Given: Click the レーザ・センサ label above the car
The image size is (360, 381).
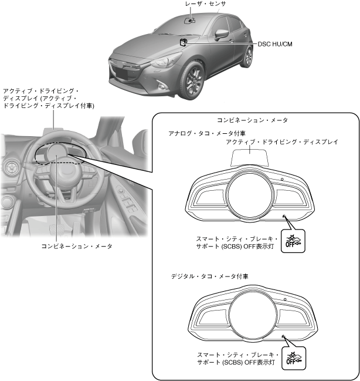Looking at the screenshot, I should point(205,4).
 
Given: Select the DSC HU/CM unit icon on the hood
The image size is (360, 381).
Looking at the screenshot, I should point(184,42).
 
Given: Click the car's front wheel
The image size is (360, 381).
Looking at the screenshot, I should point(193,82).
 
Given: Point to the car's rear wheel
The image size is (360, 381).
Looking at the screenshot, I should point(249,57).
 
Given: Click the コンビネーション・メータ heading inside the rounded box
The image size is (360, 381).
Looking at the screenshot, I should point(252,120).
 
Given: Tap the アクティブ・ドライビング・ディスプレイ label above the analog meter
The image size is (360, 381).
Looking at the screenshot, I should point(282,142).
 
